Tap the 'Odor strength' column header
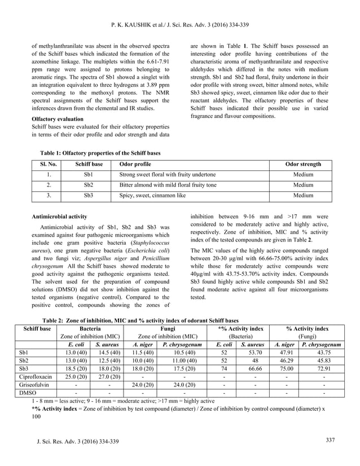pos(303,164)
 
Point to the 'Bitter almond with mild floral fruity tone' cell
pos(168,185)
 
